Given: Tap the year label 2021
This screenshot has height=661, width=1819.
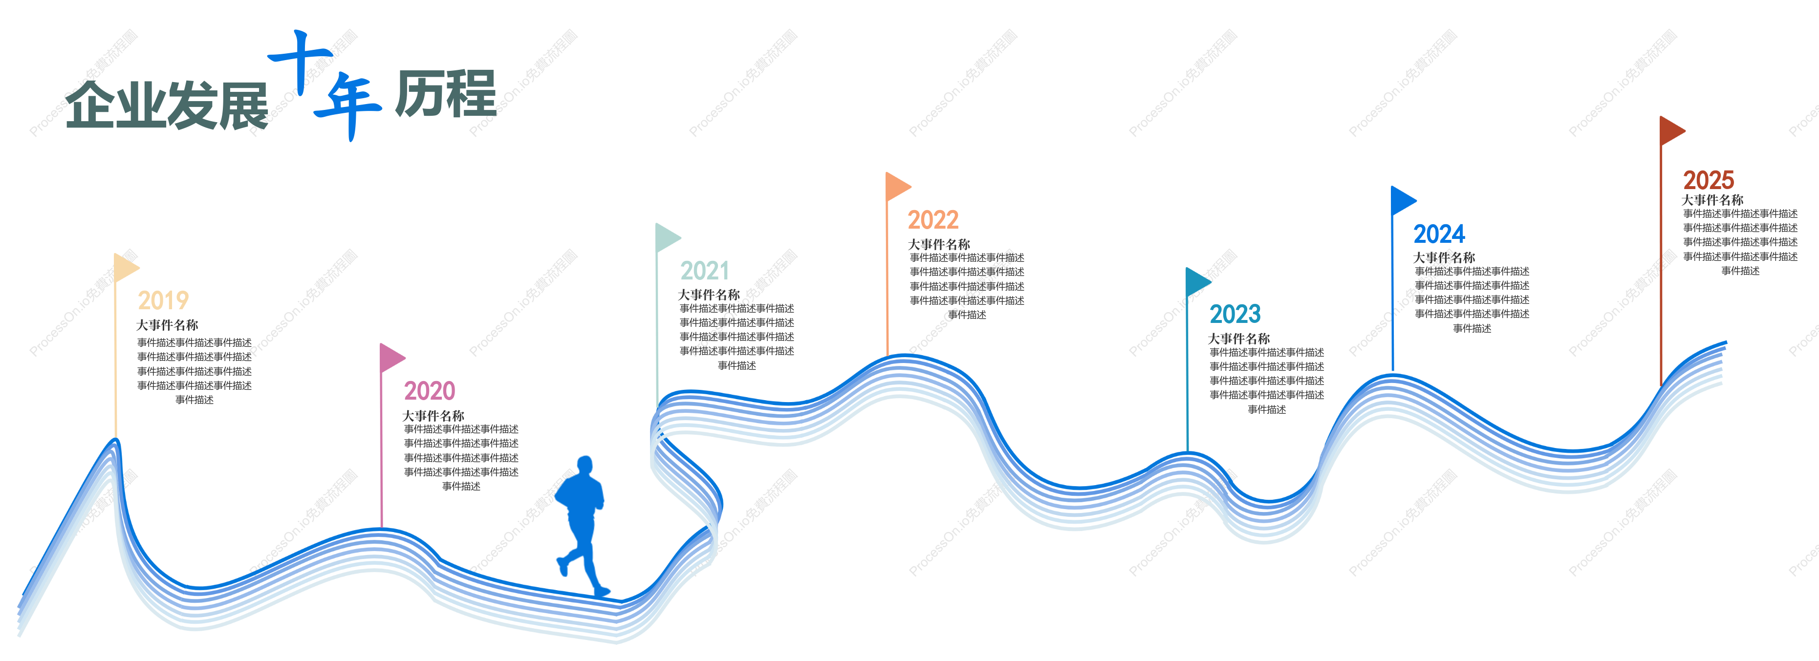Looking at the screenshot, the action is coord(705,271).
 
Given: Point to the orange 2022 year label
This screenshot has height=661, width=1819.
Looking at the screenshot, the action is coord(933,220).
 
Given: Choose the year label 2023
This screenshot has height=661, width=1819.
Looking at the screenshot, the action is coord(1235,314).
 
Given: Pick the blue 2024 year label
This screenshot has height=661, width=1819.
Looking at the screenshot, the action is coord(1439,234).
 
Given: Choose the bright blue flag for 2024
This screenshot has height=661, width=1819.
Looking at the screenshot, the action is coord(1404,201).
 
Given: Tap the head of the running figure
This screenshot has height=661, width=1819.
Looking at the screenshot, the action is coord(585,466).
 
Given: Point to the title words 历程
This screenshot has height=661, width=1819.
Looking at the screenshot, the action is coord(446,94).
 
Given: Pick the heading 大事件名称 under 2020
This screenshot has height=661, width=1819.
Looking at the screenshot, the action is coord(433,416).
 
